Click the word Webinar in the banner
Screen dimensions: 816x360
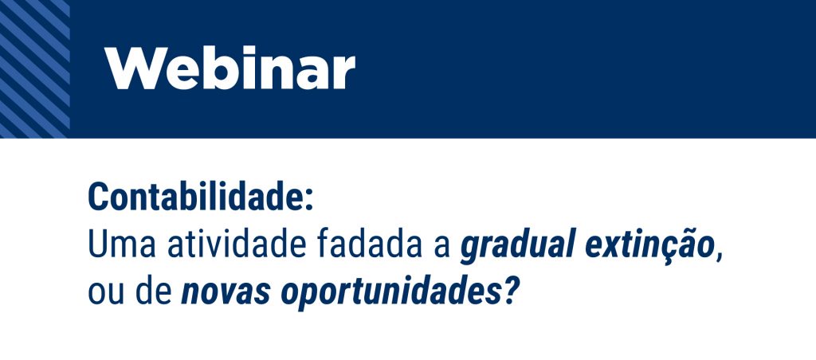[230, 68]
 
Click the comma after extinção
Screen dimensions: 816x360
[720, 256]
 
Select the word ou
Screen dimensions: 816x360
[106, 293]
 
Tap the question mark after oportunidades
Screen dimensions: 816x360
[510, 292]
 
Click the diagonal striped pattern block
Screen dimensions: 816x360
[35, 68]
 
